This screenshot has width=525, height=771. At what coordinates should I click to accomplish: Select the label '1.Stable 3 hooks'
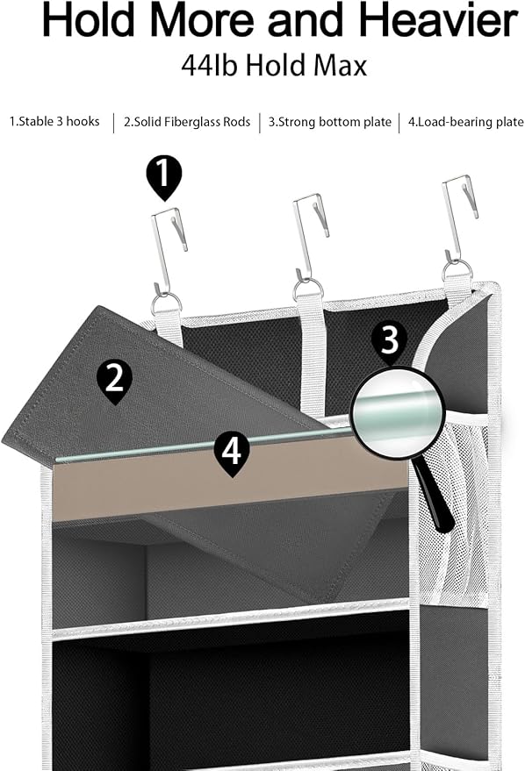click(x=54, y=121)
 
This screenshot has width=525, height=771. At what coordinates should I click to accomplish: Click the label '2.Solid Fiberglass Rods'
click(x=187, y=122)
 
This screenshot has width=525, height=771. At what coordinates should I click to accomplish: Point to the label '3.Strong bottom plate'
click(x=330, y=122)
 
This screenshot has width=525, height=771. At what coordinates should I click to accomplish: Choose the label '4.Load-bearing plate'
click(x=466, y=122)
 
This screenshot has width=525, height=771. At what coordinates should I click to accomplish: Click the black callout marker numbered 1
click(x=164, y=177)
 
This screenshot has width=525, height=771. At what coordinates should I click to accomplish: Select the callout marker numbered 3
click(x=389, y=340)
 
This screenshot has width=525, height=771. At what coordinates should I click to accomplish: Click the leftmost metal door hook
click(x=169, y=251)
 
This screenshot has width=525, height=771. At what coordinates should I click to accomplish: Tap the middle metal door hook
click(x=310, y=238)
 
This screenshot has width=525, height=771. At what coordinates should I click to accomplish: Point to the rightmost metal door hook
click(x=459, y=218)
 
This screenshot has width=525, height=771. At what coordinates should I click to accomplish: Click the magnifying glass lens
click(x=397, y=413)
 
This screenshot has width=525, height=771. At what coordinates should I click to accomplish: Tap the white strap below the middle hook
click(x=312, y=353)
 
